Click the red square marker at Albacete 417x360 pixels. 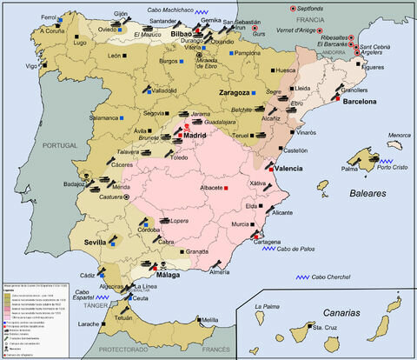click(226, 188)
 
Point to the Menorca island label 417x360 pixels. click(399, 135)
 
